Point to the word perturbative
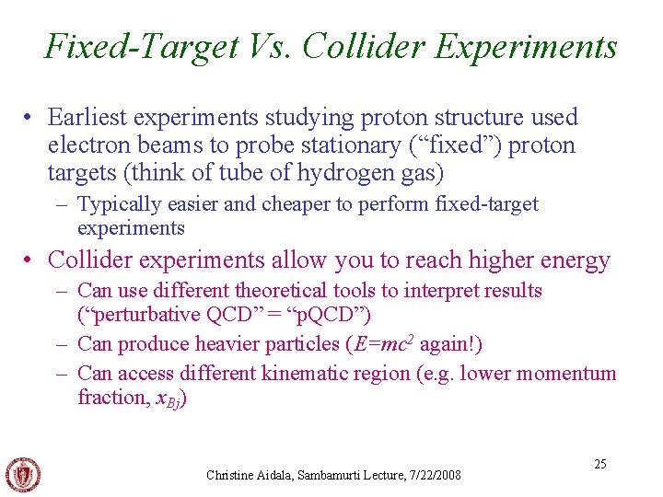(x=146, y=315)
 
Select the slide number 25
(x=599, y=464)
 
